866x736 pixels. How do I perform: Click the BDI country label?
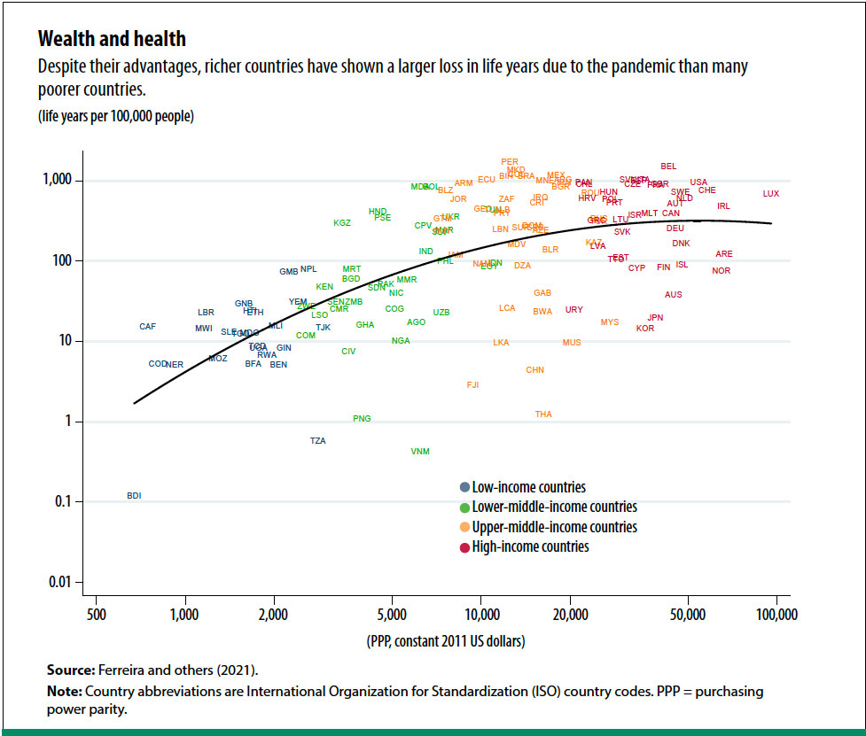pyautogui.click(x=134, y=496)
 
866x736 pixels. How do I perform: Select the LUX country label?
pyautogui.click(x=771, y=194)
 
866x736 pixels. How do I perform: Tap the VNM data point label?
pyautogui.click(x=420, y=452)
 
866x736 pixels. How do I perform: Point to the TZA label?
pyautogui.click(x=318, y=441)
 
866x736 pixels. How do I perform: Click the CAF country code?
pyautogui.click(x=148, y=327)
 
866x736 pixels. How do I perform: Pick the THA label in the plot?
pyautogui.click(x=543, y=414)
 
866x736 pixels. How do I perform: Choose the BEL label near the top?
pyautogui.click(x=668, y=167)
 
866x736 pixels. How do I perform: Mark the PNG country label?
pyautogui.click(x=362, y=419)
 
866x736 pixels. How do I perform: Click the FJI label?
pyautogui.click(x=472, y=385)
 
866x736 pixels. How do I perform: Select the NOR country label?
pyautogui.click(x=721, y=271)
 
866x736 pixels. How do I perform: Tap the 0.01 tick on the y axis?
pyautogui.click(x=71, y=583)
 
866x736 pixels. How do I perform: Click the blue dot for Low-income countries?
pyautogui.click(x=464, y=487)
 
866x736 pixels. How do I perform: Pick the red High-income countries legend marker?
pyautogui.click(x=464, y=547)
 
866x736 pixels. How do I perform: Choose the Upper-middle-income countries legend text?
pyautogui.click(x=554, y=527)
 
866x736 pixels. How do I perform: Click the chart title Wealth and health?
pyautogui.click(x=112, y=40)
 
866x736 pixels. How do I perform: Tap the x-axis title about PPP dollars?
pyautogui.click(x=445, y=641)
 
